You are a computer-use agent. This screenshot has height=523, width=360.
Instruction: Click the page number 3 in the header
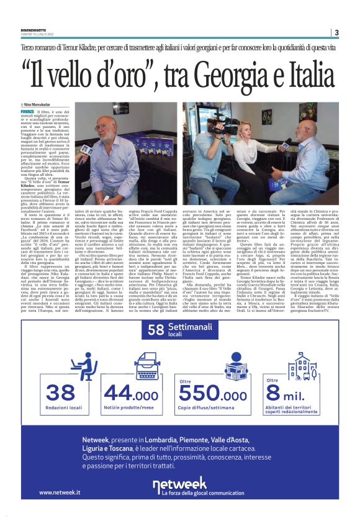(336, 32)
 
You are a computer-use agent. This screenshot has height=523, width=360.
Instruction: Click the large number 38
(61, 394)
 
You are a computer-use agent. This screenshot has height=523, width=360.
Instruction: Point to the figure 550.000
(213, 396)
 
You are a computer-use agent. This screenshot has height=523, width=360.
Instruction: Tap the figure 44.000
(132, 394)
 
